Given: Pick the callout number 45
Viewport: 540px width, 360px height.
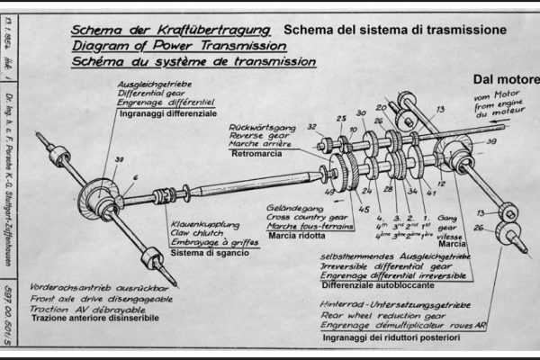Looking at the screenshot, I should pos(364,211).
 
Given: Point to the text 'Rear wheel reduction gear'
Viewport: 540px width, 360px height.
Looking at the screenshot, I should pos(386,318).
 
